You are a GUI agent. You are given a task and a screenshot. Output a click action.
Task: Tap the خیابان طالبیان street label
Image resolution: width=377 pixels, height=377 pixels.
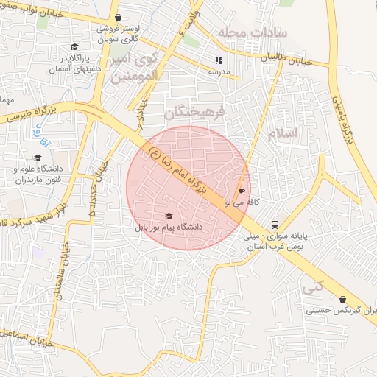click(x=304, y=63)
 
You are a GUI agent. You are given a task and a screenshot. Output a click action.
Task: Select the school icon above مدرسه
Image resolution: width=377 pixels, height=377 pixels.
click(x=218, y=61)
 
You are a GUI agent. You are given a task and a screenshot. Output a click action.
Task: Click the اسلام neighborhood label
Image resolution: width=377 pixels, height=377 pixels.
click(x=283, y=133)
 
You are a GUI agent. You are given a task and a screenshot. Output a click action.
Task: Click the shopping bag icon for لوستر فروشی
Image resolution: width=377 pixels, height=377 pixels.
click(x=119, y=18)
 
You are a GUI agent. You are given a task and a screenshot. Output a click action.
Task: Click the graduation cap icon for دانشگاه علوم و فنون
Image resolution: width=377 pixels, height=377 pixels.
click(x=38, y=158)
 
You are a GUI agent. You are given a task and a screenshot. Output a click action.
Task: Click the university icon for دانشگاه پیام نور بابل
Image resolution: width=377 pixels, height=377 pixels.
click(x=169, y=216)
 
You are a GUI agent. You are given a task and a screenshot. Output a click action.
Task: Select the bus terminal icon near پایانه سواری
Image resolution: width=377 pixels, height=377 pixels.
click(x=274, y=225)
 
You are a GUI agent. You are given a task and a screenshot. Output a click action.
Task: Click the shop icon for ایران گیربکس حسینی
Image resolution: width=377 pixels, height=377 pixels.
click(x=342, y=299)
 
